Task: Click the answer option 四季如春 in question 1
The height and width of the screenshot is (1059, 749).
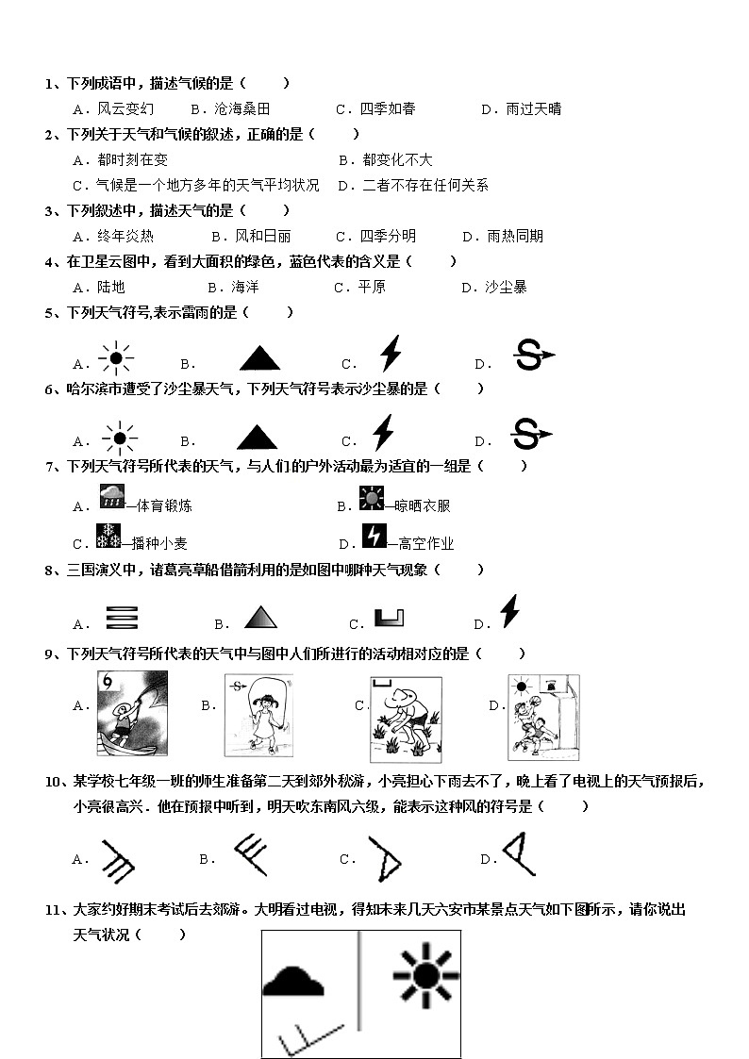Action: point(388,108)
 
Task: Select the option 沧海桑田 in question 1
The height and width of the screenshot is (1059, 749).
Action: point(242,108)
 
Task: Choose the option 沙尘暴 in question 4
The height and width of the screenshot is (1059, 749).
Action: point(506,287)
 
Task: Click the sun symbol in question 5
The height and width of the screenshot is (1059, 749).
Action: point(117,358)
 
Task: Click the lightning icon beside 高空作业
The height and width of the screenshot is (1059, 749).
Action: point(374,537)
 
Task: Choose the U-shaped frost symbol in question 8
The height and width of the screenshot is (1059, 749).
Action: point(389,619)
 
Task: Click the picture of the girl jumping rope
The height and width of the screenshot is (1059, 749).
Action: point(256,715)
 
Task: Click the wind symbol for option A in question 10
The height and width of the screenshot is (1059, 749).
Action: point(119,857)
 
